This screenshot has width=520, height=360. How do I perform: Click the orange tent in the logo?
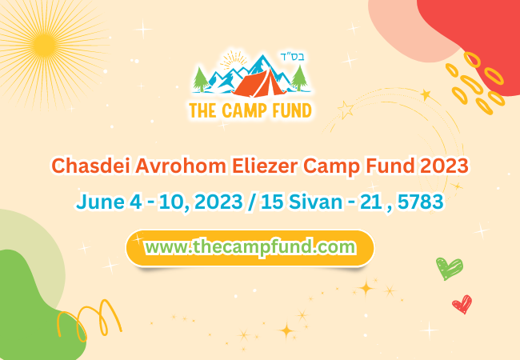pyautogui.click(x=260, y=83)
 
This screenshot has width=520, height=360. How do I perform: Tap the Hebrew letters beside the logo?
pyautogui.click(x=293, y=56)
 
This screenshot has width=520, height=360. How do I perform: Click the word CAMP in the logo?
pyautogui.click(x=244, y=110)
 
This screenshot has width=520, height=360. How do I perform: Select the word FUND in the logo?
pyautogui.click(x=292, y=110)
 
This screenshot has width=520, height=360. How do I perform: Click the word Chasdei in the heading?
pyautogui.click(x=90, y=166)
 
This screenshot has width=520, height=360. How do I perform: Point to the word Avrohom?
pyautogui.click(x=181, y=166)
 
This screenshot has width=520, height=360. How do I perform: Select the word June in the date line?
pyautogui.click(x=100, y=202)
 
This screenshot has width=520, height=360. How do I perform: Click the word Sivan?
pyautogui.click(x=315, y=202)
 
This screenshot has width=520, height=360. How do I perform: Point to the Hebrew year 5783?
pyautogui.click(x=421, y=202)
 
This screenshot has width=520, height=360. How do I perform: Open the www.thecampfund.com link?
pyautogui.click(x=250, y=247)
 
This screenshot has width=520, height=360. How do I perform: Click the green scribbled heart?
pyautogui.click(x=449, y=268)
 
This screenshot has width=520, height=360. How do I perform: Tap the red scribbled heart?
pyautogui.click(x=462, y=304)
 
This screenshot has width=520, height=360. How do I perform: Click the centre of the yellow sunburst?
pyautogui.click(x=44, y=46)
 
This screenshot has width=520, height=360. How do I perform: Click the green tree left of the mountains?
pyautogui.click(x=201, y=79)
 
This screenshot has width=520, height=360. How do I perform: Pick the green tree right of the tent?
pyautogui.click(x=299, y=78)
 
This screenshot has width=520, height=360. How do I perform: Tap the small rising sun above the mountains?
pyautogui.click(x=234, y=60)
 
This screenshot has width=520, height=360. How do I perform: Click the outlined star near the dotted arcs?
pyautogui.click(x=346, y=109)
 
